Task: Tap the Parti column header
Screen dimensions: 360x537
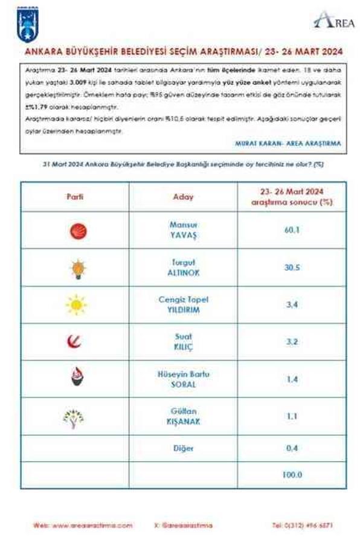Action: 74,198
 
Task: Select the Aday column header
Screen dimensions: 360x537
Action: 183,198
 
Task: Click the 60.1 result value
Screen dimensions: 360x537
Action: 292,230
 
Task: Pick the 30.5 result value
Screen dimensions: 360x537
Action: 292,268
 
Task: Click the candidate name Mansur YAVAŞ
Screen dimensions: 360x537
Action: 183,230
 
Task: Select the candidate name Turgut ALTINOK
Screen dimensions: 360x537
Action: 183,268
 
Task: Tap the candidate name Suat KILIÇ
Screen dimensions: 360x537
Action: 183,342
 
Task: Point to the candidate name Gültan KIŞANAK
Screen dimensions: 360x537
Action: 183,416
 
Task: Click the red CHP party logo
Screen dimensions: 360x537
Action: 77,230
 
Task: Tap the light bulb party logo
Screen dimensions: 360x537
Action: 77,268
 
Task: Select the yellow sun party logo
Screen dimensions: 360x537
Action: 76,305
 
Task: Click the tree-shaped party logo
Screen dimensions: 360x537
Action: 74,417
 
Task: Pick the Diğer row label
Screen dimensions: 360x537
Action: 183,448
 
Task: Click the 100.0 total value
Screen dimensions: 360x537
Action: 292,475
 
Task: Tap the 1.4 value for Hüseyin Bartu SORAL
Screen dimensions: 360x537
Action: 292,379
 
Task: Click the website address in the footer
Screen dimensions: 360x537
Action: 83,525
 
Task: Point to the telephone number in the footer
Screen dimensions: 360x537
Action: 302,525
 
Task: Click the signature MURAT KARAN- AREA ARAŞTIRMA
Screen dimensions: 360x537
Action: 287,144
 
